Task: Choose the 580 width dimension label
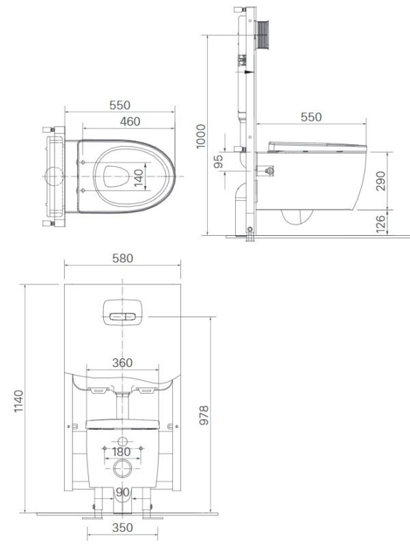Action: pyautogui.click(x=122, y=258)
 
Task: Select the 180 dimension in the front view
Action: pyautogui.click(x=122, y=452)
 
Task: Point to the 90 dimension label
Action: pyautogui.click(x=122, y=492)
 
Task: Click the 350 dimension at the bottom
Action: pyautogui.click(x=122, y=528)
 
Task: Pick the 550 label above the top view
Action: pyautogui.click(x=120, y=105)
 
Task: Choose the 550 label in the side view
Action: pyautogui.click(x=311, y=117)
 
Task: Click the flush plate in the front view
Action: pyautogui.click(x=122, y=311)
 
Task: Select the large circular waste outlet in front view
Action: pyautogui.click(x=122, y=469)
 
